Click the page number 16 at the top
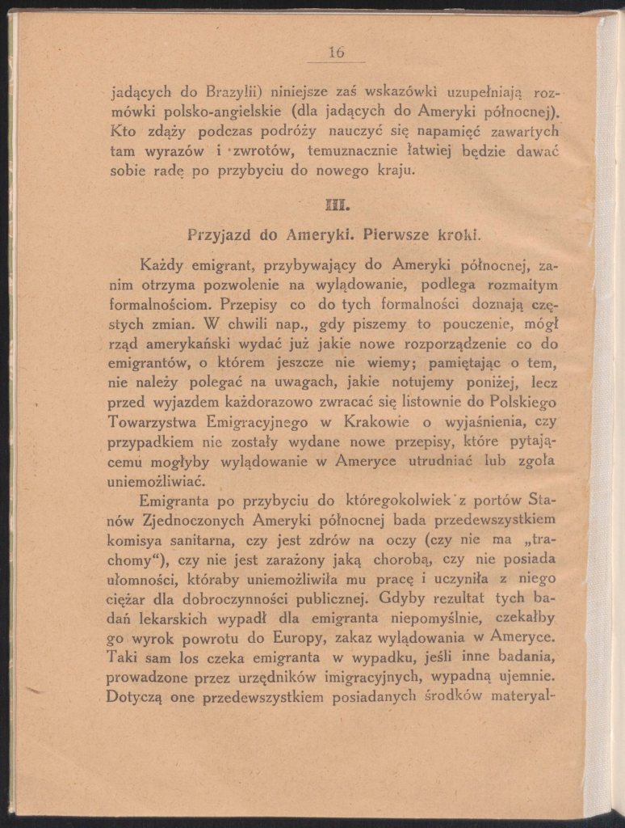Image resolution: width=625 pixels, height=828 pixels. [x=336, y=53]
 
